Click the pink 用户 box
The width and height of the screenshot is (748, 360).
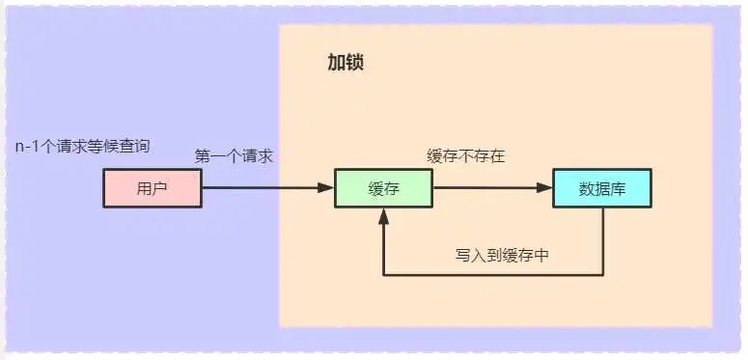coord(152,188)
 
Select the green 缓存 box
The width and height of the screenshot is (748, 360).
coord(383,188)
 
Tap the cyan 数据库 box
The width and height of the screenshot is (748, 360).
coord(601,188)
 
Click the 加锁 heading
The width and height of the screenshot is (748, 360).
coord(345,64)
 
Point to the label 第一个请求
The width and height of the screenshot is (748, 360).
coord(234,156)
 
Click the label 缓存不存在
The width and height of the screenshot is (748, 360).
coord(465,156)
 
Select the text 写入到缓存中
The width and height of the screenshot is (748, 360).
coord(503,256)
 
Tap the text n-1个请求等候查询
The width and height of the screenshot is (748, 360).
coord(82,147)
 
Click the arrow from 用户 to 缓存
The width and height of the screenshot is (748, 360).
coord(261,188)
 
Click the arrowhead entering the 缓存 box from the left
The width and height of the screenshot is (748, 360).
coord(327,188)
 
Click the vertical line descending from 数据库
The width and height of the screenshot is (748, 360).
coord(603,241)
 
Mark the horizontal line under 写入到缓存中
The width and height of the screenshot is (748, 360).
coord(492,275)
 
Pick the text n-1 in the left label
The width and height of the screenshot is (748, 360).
coord(27,147)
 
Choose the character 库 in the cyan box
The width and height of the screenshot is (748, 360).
coord(618,188)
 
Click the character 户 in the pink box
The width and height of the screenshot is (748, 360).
coord(160,188)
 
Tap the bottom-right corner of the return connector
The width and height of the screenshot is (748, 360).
coord(603,275)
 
